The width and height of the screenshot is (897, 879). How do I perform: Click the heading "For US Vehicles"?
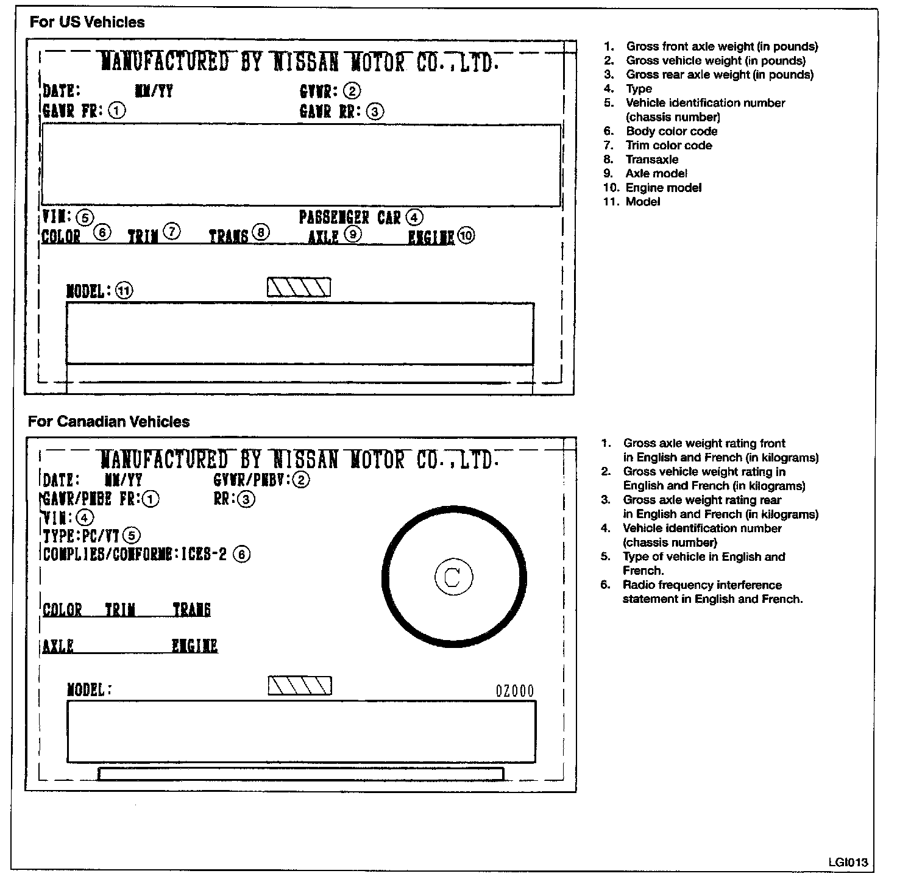87,23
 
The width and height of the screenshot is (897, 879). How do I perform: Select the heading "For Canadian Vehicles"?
108,422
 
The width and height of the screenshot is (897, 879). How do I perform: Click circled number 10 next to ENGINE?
466,236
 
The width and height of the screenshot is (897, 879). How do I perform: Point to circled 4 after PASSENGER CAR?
414,217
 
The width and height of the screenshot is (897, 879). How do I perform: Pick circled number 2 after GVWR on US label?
352,91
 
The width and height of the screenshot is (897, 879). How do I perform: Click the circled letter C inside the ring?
453,577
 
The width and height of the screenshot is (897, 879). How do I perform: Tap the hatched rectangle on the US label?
299,288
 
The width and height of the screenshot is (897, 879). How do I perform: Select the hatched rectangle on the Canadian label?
300,686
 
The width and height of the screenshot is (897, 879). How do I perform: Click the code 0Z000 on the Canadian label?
514,691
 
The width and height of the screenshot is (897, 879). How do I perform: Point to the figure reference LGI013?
848,863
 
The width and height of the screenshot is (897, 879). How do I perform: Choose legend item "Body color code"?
671,131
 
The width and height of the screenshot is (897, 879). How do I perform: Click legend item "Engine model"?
663,188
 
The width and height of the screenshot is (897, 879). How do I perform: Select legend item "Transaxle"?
651,160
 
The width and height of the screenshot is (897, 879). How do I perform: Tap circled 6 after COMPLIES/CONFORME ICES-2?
242,554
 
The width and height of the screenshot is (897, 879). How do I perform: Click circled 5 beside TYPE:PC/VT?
131,536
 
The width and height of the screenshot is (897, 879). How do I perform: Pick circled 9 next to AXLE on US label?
352,234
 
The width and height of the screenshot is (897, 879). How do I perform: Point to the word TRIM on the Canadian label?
120,610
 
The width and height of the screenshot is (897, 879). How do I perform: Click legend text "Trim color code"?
668,146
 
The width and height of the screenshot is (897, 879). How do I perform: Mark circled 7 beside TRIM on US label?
172,232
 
